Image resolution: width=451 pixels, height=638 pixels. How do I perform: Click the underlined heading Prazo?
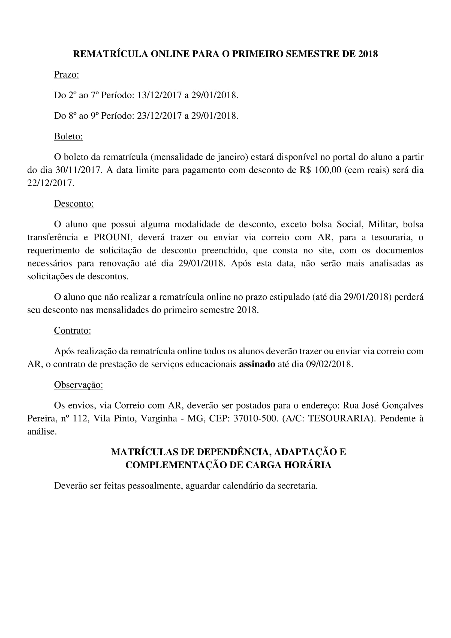[66, 75]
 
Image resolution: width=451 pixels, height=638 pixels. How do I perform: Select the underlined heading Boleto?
[68, 136]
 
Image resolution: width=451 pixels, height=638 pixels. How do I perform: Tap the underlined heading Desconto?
[74, 204]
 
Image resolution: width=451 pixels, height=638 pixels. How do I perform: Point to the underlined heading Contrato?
[73, 330]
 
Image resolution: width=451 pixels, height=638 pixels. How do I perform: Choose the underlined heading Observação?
[79, 385]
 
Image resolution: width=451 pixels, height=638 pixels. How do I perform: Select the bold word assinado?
[257, 364]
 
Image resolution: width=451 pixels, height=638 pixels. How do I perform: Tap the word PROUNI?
[113, 237]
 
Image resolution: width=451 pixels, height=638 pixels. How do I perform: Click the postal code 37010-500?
[255, 418]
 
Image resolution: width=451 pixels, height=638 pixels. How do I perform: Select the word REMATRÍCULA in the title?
[110, 54]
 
